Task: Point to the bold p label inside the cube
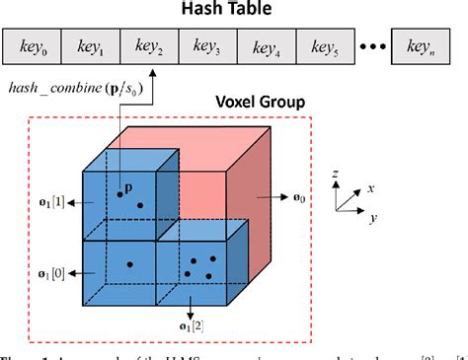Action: [x=128, y=185]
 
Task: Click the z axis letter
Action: [x=337, y=174]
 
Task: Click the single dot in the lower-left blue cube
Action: [x=128, y=264]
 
